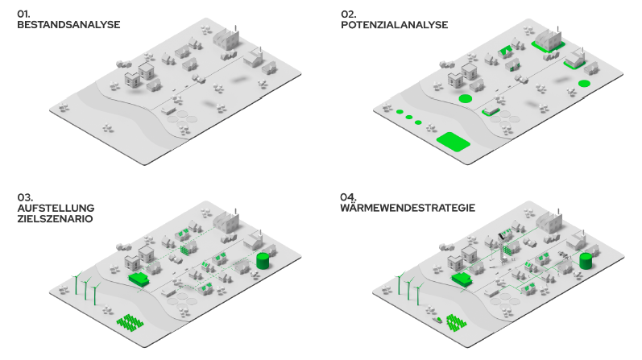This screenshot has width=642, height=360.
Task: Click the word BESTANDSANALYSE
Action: [68, 25]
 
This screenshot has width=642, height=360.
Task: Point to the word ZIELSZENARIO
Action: [56, 219]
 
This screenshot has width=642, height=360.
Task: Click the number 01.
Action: [23, 14]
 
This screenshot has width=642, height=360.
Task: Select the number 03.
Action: [24, 196]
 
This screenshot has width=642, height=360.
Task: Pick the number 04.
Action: [348, 197]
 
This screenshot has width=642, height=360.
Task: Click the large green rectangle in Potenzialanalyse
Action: [453, 142]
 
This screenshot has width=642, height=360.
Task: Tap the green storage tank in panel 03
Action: [263, 261]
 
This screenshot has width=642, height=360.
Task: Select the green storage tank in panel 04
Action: [586, 261]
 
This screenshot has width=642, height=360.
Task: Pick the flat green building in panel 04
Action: [462, 279]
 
